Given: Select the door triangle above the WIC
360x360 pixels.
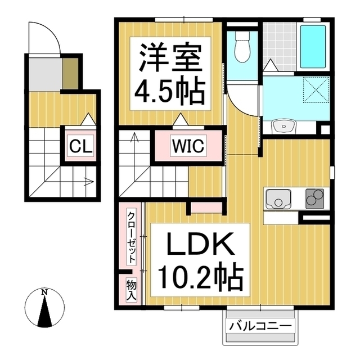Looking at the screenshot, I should [181, 120].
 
